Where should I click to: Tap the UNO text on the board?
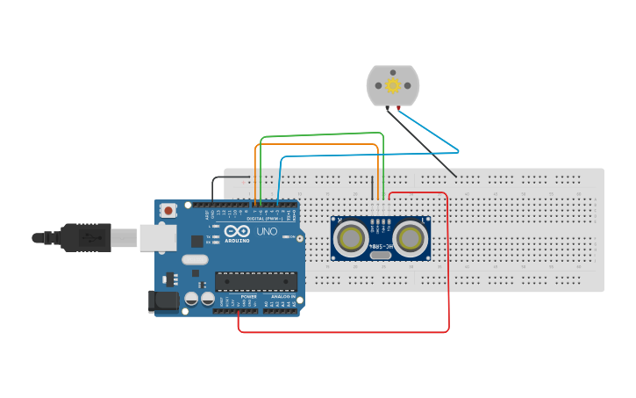(267, 232)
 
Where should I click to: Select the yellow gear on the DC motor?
(393, 85)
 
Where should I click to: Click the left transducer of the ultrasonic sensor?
(352, 237)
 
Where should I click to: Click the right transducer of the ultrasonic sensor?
(409, 237)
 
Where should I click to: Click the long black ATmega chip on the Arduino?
(256, 281)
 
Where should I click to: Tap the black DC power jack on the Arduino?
(163, 300)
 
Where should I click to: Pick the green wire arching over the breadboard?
(321, 135)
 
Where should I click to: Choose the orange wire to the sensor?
(316, 145)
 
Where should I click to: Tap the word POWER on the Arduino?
(248, 297)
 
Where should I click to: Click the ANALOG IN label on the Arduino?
(282, 297)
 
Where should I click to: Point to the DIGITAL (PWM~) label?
(265, 218)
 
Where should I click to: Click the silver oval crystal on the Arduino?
(196, 259)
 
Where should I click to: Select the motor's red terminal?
(398, 108)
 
